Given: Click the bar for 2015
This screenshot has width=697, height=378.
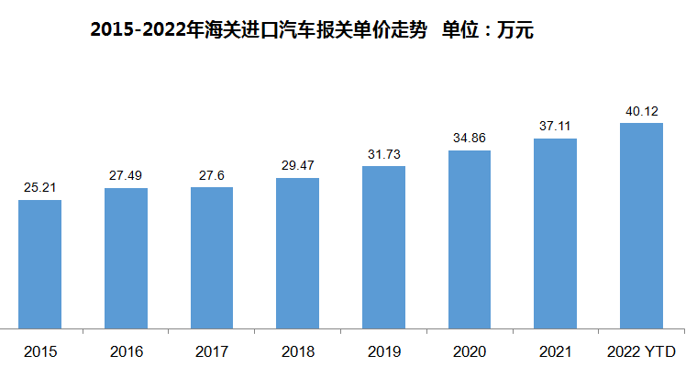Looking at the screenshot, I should (x=39, y=263).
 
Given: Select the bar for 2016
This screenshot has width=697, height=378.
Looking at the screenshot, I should (x=126, y=257).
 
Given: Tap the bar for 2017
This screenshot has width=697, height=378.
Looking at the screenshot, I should (x=212, y=257).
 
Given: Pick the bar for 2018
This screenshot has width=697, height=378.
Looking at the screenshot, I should (x=297, y=252).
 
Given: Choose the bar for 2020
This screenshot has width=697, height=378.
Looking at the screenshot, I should (x=470, y=239).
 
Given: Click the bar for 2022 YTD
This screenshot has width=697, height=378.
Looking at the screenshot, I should (x=641, y=225).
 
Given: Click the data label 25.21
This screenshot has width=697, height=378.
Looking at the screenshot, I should (x=39, y=188).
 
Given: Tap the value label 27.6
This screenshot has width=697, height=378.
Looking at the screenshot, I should (x=212, y=175).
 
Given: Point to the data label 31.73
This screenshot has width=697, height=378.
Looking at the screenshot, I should (x=383, y=154).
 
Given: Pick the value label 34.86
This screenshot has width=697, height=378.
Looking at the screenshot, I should (x=470, y=139).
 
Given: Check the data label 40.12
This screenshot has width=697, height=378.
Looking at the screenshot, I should (x=641, y=111).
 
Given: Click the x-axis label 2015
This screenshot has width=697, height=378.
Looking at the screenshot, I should (x=39, y=351).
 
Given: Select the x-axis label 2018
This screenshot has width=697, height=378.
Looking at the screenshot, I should (x=297, y=351).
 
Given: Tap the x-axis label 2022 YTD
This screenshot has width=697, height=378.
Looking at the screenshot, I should (x=641, y=351).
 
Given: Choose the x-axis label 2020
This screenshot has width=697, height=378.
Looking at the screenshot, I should (x=470, y=351).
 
